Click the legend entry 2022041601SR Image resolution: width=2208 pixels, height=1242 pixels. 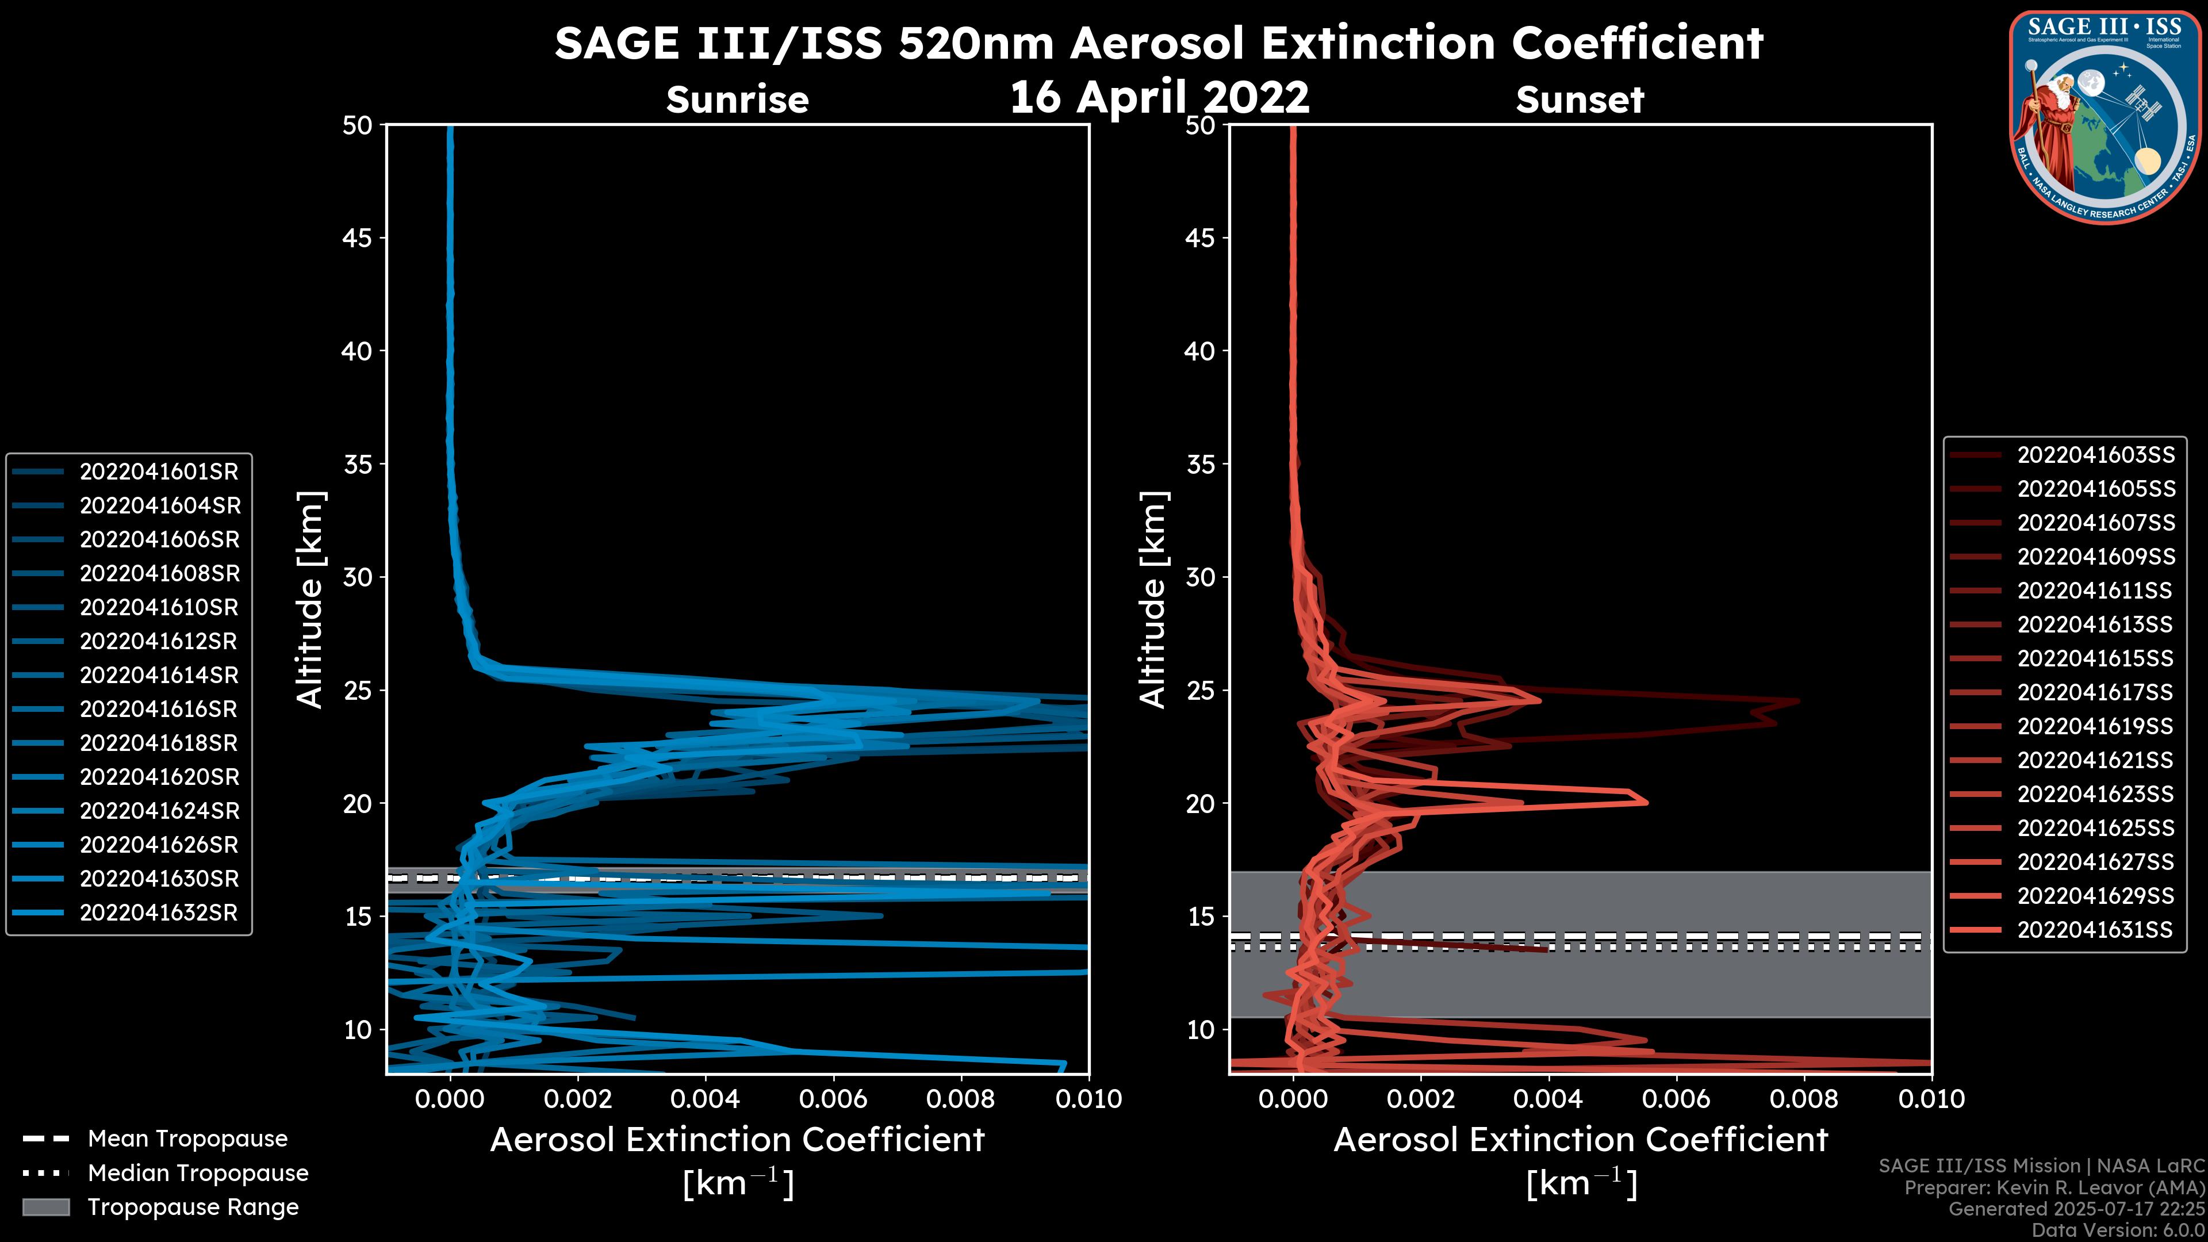159,471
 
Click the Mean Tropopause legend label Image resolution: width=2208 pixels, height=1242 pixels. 187,1138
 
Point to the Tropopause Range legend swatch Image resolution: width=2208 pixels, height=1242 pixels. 45,1207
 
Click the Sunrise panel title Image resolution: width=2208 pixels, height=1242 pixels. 737,100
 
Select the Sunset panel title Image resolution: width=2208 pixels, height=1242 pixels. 1580,100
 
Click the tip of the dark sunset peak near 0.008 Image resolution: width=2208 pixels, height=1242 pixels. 1798,701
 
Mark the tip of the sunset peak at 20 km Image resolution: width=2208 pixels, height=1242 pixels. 1647,802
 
